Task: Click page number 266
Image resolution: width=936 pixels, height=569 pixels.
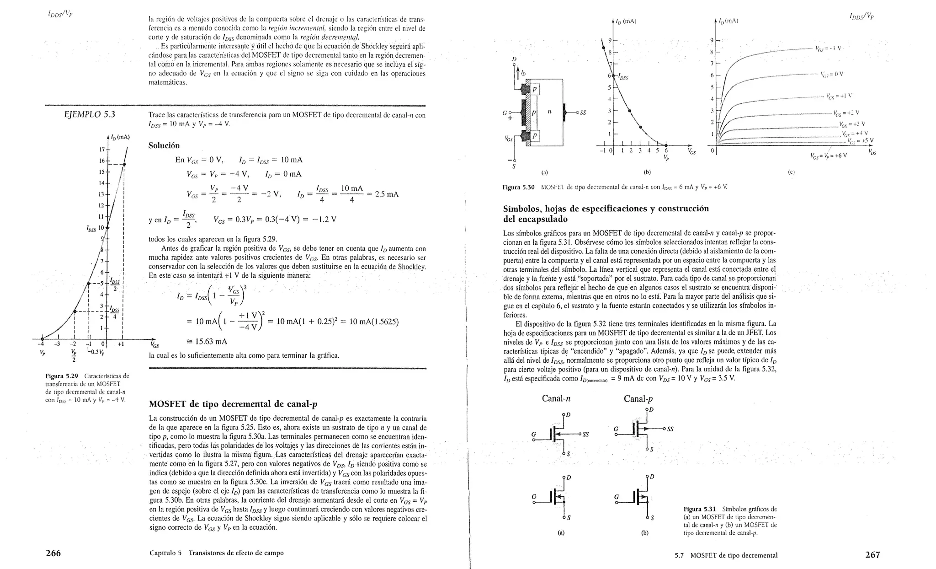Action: click(x=53, y=553)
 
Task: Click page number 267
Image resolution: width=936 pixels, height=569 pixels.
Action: click(x=872, y=555)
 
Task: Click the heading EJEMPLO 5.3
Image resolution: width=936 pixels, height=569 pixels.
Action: click(x=90, y=114)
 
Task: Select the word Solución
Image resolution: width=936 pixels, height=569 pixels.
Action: click(x=164, y=145)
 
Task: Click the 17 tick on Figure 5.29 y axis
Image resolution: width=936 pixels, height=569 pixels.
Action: click(x=102, y=150)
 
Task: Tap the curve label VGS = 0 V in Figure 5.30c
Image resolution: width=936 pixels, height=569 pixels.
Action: click(x=832, y=74)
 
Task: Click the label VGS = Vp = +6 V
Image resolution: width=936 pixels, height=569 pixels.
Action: click(x=828, y=156)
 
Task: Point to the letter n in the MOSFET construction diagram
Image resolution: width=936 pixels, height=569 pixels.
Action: click(x=549, y=111)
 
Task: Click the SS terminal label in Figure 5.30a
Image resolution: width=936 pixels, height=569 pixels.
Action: click(x=583, y=113)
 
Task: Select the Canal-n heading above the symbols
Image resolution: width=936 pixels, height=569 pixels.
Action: click(x=556, y=398)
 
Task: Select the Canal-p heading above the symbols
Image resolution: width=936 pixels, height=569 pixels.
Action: click(x=638, y=399)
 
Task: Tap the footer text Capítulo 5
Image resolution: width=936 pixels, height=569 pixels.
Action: click(x=165, y=553)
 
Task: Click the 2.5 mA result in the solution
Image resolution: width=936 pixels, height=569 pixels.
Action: click(x=386, y=194)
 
